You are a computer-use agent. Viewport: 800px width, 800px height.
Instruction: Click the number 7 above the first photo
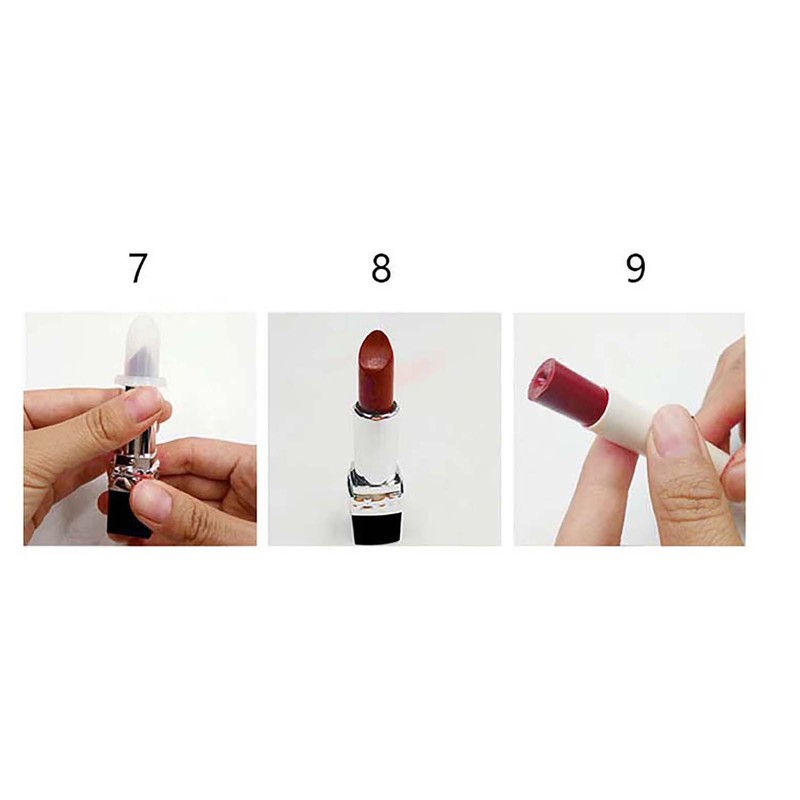coord(137,269)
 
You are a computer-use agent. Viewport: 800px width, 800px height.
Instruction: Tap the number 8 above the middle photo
coord(380,269)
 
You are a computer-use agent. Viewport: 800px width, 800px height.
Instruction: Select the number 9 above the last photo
coord(635,269)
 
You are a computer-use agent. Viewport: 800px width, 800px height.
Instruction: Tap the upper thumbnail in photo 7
coord(140,405)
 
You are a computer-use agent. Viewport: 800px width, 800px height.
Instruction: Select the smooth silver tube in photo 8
coord(377,435)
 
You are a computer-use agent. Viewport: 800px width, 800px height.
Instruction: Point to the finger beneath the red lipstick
coord(600,480)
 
